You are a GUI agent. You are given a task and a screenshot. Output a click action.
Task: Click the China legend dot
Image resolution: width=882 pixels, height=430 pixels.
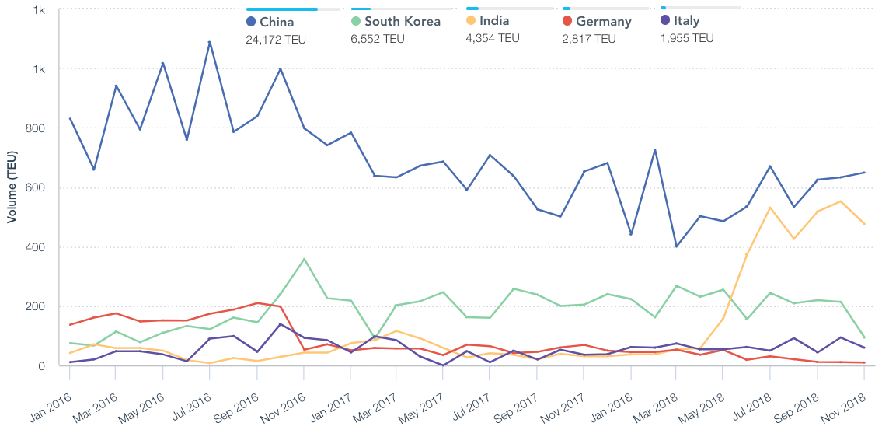[x=251, y=22]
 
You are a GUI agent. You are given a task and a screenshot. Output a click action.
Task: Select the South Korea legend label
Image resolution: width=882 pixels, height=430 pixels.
[x=402, y=22]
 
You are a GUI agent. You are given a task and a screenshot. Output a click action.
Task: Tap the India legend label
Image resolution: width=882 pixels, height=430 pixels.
[x=494, y=20]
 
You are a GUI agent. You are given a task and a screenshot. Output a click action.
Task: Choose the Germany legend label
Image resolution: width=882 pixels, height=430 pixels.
[x=603, y=22]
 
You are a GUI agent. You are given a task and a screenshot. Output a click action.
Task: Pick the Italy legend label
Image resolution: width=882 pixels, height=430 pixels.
[x=686, y=21]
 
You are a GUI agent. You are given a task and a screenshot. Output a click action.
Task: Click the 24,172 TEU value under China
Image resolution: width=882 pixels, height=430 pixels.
[x=276, y=39]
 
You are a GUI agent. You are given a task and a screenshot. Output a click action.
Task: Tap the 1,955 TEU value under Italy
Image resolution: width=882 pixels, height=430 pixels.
[x=687, y=38]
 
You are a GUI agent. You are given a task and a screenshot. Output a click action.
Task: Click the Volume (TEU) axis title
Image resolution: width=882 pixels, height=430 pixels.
[x=12, y=189]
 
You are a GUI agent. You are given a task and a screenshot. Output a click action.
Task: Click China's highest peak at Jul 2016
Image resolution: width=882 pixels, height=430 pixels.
[x=210, y=42]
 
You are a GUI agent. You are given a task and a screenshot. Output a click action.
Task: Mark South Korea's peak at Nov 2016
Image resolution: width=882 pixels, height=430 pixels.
[x=304, y=259]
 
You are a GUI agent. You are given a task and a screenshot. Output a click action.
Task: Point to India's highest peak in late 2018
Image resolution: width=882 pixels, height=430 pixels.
[x=840, y=201]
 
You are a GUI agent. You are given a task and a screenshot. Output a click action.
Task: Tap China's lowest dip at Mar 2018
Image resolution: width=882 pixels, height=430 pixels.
[x=677, y=246]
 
